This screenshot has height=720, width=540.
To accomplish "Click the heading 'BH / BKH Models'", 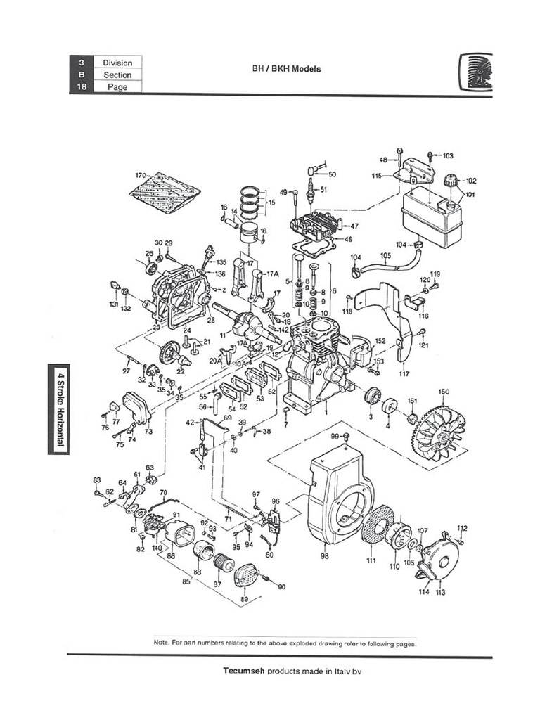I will coord(286,70).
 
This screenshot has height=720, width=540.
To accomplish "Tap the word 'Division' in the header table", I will coord(117,63).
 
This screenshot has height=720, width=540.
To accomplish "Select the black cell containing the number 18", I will coord(82,86).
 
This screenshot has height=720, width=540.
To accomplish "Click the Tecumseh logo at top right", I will coord(477,72).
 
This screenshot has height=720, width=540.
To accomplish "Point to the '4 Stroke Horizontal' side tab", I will coord(59,409).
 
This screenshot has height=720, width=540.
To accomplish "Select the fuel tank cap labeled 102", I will coord(449,181).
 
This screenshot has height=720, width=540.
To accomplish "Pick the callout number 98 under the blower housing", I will coord(324,556).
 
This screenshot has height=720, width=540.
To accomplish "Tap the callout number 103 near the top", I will coord(448,155).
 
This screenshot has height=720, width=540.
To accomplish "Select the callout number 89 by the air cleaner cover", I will coord(244,599).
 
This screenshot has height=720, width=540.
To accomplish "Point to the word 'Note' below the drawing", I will coord(161,642).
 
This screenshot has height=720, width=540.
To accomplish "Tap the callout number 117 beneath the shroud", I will coord(404,373).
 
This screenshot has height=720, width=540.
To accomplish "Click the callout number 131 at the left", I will coord(113,304).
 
